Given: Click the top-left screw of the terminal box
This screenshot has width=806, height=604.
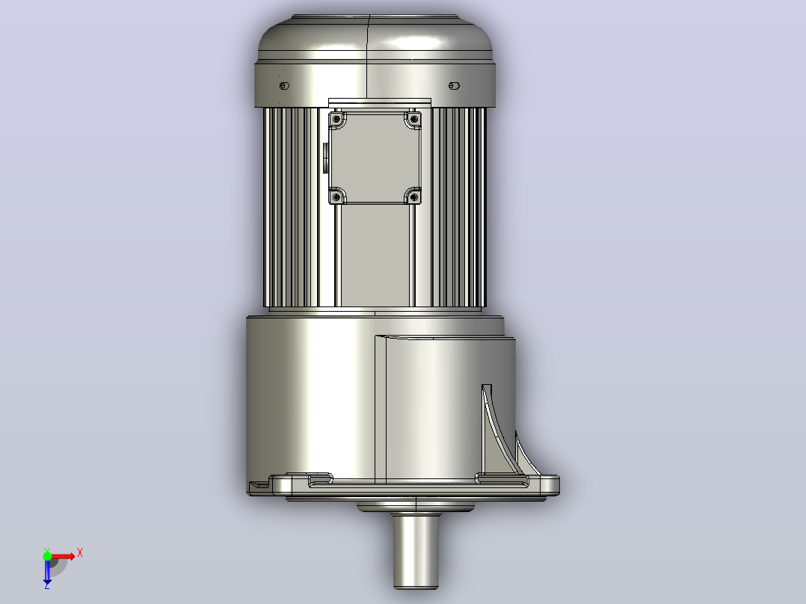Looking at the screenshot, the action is pos(336,120).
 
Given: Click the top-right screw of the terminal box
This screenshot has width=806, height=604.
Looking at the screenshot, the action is pos(414,120).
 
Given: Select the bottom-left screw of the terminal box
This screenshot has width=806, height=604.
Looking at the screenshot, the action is pos(336,197).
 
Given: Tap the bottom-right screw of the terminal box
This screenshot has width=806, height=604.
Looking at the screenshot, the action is pos(414,197).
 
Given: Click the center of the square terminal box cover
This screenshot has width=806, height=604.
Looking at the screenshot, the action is pos(375,158).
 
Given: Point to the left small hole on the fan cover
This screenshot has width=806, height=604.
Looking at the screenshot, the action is pos(284,85).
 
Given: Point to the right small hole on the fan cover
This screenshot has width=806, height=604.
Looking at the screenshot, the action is pos(454,85).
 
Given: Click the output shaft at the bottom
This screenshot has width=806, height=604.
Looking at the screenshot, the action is pos(416,550).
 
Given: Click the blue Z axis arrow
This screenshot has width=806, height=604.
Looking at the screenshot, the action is pos(47,570).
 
